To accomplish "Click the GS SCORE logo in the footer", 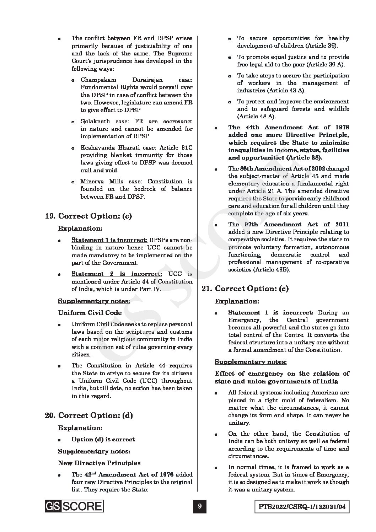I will click(74, 506).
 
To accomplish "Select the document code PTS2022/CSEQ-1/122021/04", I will click(302, 507).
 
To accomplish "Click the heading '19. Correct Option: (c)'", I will click(88, 216).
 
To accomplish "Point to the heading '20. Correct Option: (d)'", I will click(89, 415).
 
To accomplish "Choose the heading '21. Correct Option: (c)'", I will click(245, 289).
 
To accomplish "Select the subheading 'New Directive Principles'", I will click(99, 463).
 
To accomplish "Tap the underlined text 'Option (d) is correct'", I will click(103, 439).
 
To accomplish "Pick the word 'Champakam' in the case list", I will click(95, 80).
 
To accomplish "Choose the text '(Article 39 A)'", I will click(323, 65).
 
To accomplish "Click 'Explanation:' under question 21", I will click(237, 301).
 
